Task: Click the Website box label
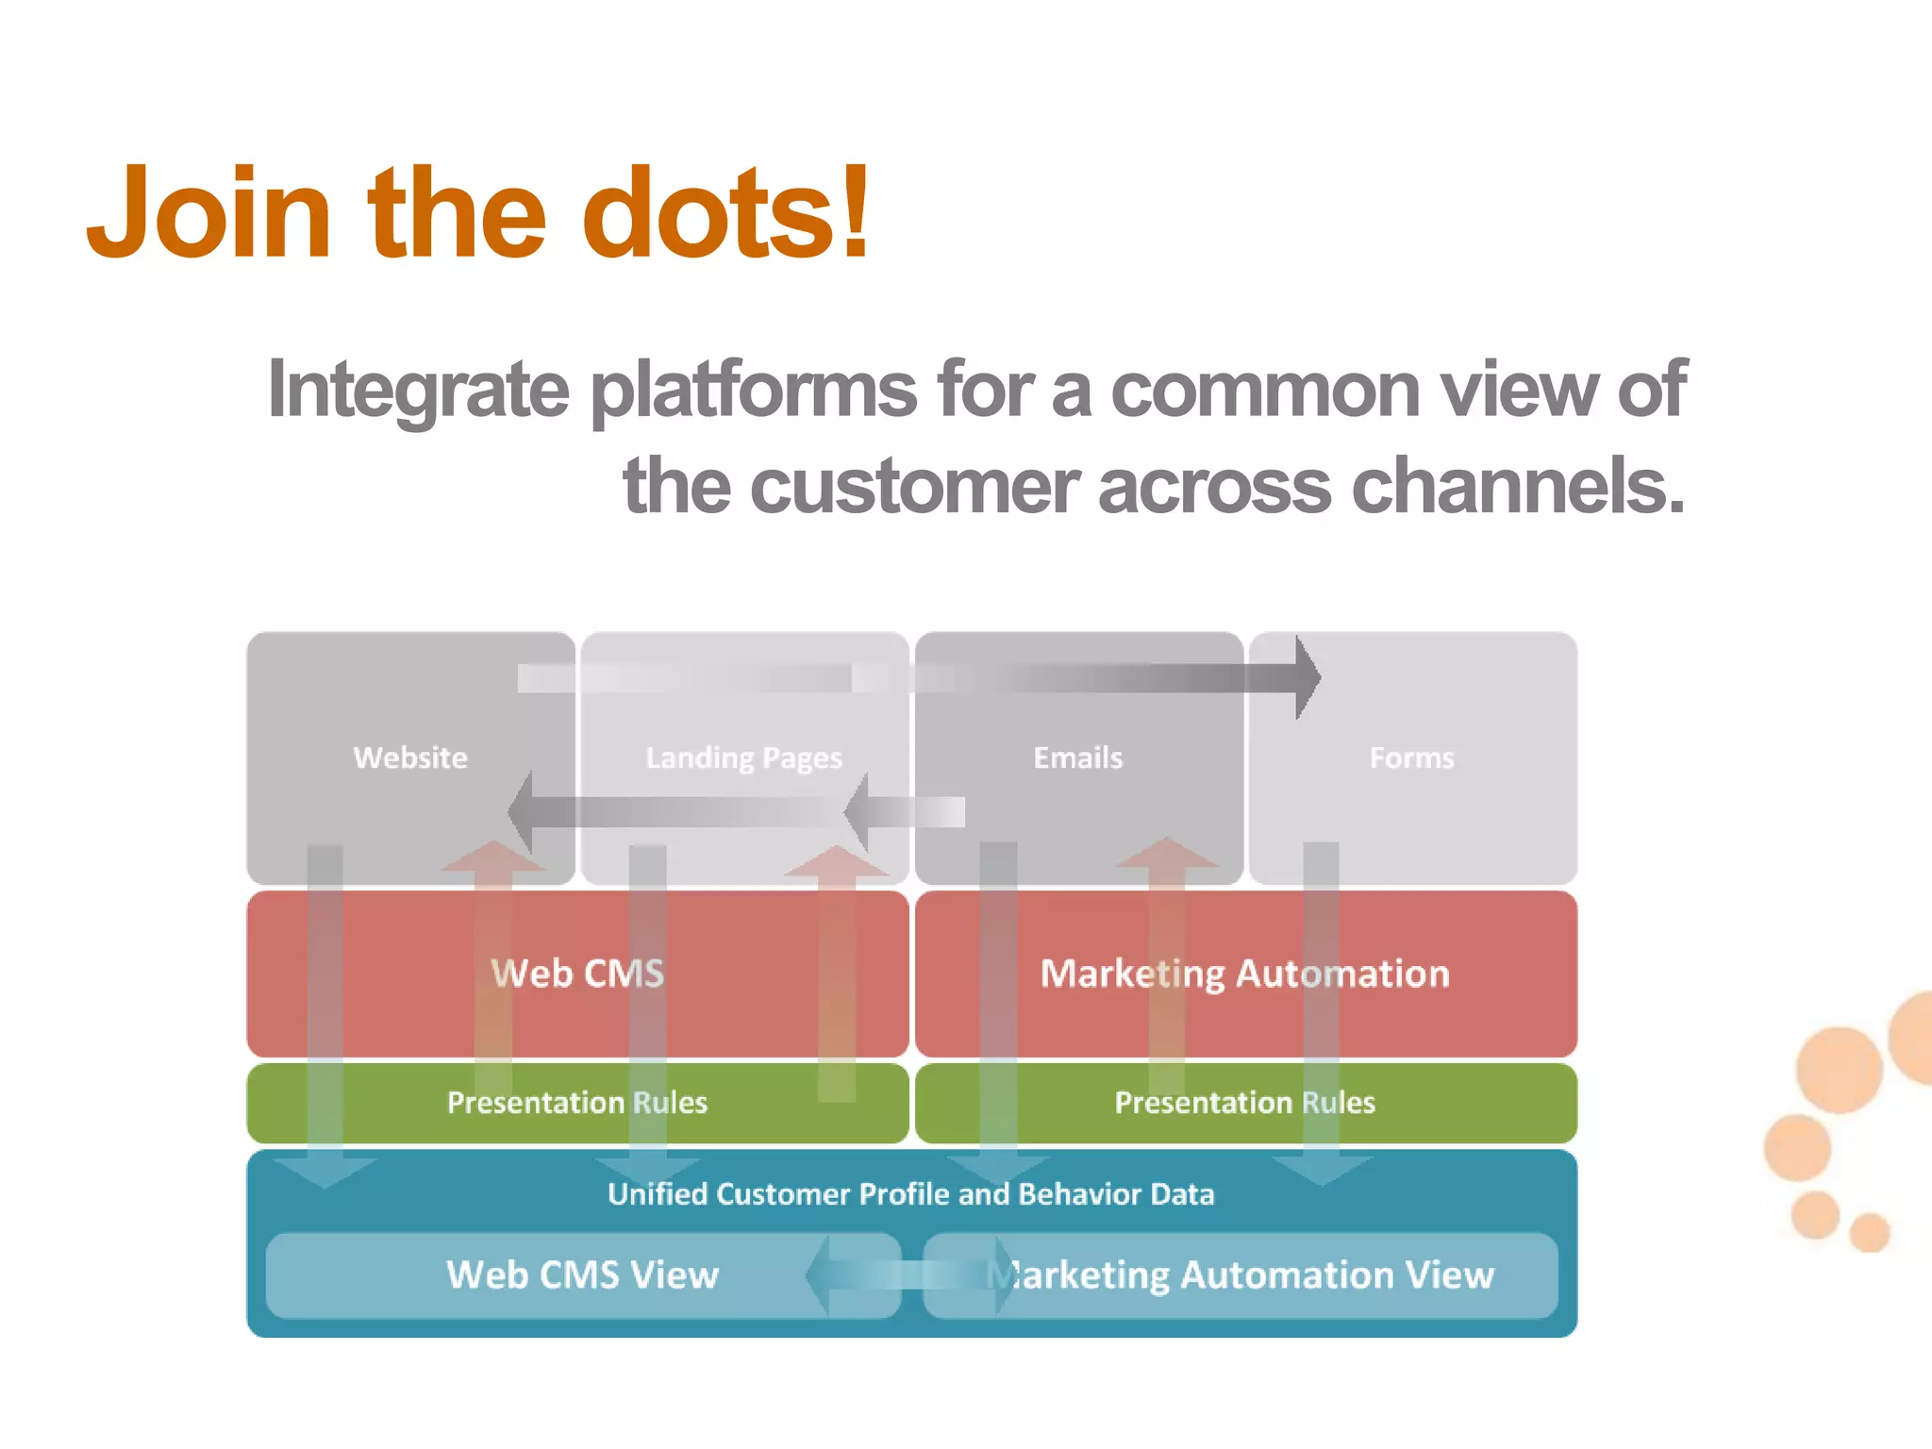[410, 758]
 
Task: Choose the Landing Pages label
[743, 758]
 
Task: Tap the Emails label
[1078, 758]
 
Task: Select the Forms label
[1411, 758]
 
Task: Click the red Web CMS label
[577, 974]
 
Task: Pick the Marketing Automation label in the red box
[1244, 974]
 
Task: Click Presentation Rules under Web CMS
[577, 1102]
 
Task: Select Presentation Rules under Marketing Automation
[1244, 1102]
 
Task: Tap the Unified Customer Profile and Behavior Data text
[910, 1194]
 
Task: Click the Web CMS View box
[582, 1275]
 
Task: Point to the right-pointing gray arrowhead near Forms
[1307, 677]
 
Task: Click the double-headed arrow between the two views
[909, 1275]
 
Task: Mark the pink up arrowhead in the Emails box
[1167, 853]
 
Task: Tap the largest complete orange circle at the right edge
[1839, 1070]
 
